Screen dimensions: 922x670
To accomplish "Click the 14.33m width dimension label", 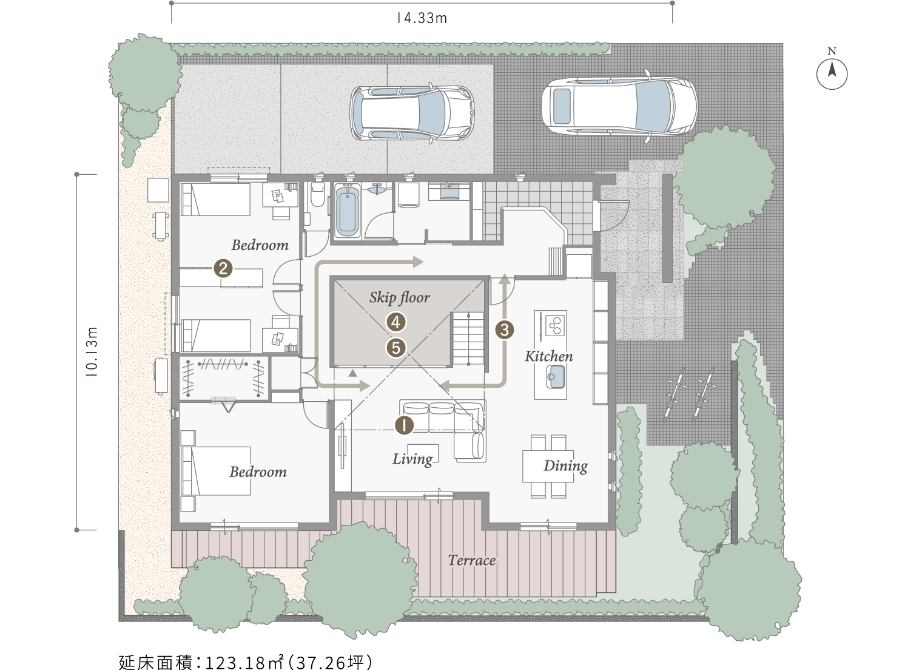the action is tap(422, 18).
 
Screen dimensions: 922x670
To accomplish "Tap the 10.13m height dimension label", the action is tap(92, 351).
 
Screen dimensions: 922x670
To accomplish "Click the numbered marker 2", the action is tap(223, 268).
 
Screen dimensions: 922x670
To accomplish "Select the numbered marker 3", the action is tap(505, 330).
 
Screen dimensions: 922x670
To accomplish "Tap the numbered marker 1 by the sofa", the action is tap(404, 425).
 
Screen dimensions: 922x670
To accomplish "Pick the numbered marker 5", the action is tap(395, 348).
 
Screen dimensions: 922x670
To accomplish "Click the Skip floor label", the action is tap(399, 297).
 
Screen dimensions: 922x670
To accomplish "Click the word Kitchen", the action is tap(549, 356).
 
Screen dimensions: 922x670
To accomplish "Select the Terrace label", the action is tap(472, 560).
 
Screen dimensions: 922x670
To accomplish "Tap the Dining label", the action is tap(565, 466).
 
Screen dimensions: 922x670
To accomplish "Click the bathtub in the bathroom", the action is tap(348, 211).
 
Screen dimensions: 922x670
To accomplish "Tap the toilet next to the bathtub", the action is tap(317, 194).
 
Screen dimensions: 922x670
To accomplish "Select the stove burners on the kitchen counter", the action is tap(555, 325).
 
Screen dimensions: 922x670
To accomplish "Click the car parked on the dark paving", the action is tap(619, 106).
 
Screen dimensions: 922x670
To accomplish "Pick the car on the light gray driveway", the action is tap(412, 113).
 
